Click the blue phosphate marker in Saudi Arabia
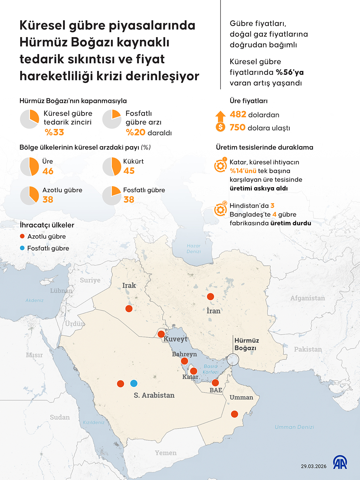[134, 383]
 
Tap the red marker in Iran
[211, 296]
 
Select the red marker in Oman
[235, 414]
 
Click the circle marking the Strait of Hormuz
[233, 359]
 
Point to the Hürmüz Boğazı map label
[247, 344]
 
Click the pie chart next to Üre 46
[30, 167]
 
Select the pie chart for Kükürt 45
[112, 167]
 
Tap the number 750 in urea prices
[238, 128]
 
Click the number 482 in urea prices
[238, 114]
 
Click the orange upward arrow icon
[221, 116]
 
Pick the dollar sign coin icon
[221, 127]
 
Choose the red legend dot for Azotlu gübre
[22, 236]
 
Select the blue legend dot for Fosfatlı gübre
[22, 248]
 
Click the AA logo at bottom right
[340, 463]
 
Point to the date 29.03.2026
[313, 466]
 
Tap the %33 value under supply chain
[54, 132]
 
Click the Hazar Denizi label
[194, 249]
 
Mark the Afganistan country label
[308, 298]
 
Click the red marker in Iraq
[129, 309]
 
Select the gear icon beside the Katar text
[221, 166]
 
